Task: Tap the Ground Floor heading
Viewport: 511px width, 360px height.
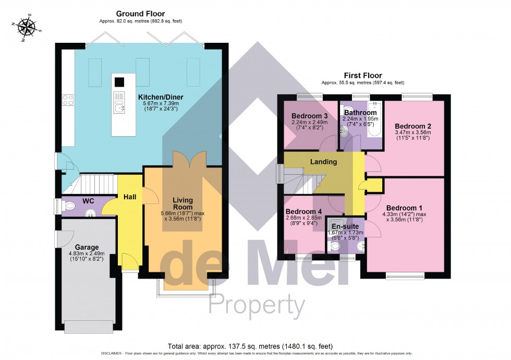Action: click(x=141, y=14)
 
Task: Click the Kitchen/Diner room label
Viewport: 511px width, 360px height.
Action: click(x=161, y=97)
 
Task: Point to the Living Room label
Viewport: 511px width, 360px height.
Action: click(x=183, y=203)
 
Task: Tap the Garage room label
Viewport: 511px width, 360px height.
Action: click(x=87, y=247)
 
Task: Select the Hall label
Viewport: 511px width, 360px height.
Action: click(x=130, y=197)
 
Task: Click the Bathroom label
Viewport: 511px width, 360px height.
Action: click(x=359, y=113)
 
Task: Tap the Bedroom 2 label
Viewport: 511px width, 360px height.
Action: click(x=412, y=126)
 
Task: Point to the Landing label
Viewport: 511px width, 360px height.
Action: click(x=323, y=162)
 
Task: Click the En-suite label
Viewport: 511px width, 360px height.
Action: click(x=344, y=227)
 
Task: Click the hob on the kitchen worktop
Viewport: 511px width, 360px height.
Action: click(x=68, y=100)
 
